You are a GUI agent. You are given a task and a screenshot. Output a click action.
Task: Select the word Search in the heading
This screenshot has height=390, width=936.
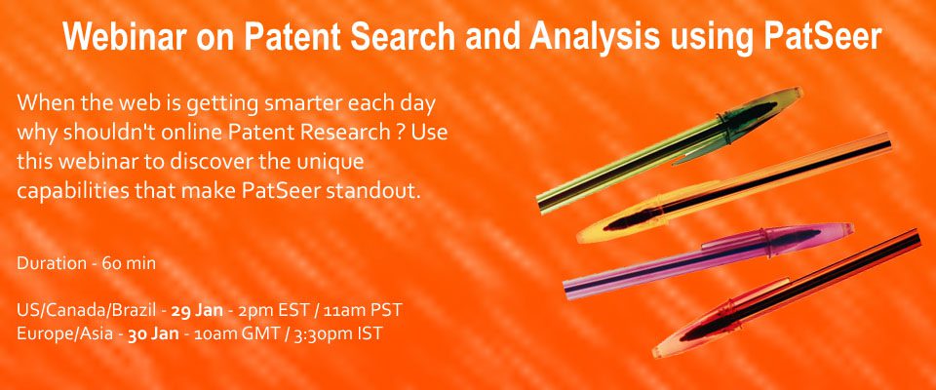point(404,37)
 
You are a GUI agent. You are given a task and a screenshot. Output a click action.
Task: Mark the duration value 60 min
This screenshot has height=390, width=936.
point(129,263)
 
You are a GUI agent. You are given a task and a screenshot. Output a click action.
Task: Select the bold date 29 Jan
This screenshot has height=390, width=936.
point(197,311)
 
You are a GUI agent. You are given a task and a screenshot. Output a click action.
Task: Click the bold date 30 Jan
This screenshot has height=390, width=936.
point(153,333)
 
